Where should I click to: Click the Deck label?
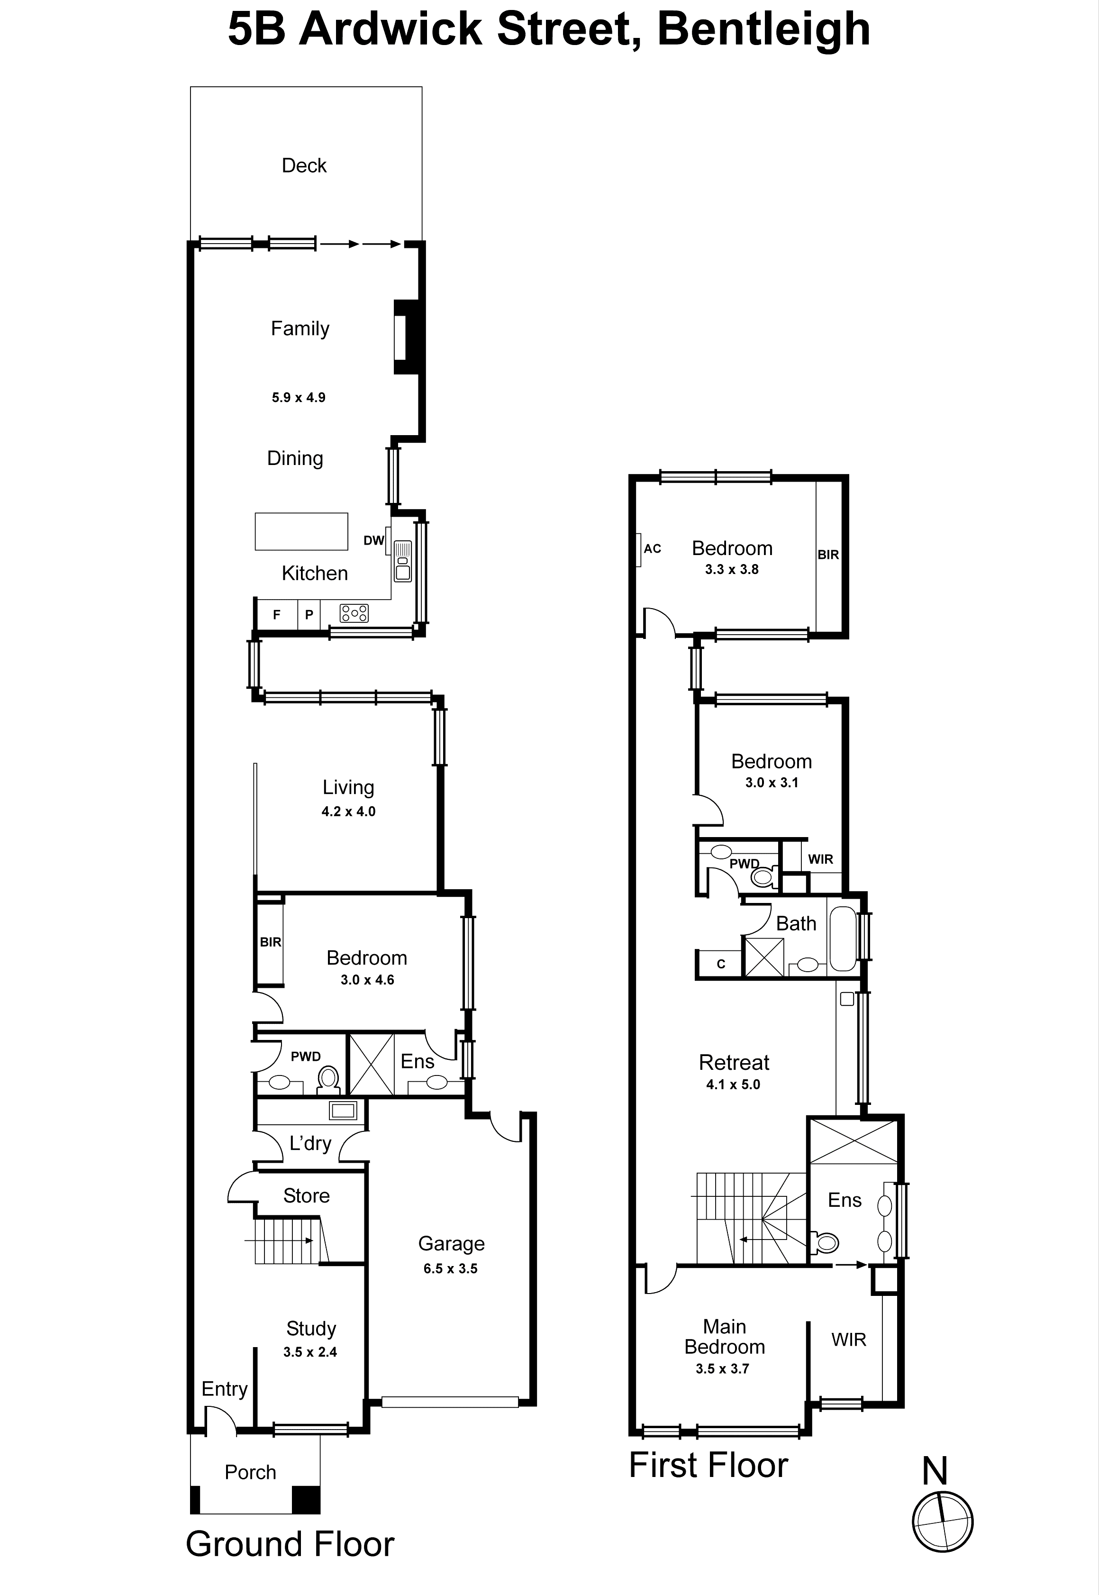304,165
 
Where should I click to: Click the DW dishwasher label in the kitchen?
373,541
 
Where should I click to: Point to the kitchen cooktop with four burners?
354,613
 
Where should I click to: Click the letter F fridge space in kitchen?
277,615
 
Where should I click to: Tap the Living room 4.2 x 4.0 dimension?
348,811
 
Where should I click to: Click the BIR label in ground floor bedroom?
270,942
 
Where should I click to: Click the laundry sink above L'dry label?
343,1110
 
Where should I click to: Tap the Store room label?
307,1195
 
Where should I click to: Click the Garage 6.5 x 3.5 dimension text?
450,1268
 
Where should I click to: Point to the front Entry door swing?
219,1420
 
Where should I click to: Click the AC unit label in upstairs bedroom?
652,549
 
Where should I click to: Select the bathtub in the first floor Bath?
843,939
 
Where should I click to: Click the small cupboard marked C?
720,964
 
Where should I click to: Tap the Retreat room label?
734,1063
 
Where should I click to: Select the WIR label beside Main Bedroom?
848,1340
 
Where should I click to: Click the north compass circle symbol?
942,1522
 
